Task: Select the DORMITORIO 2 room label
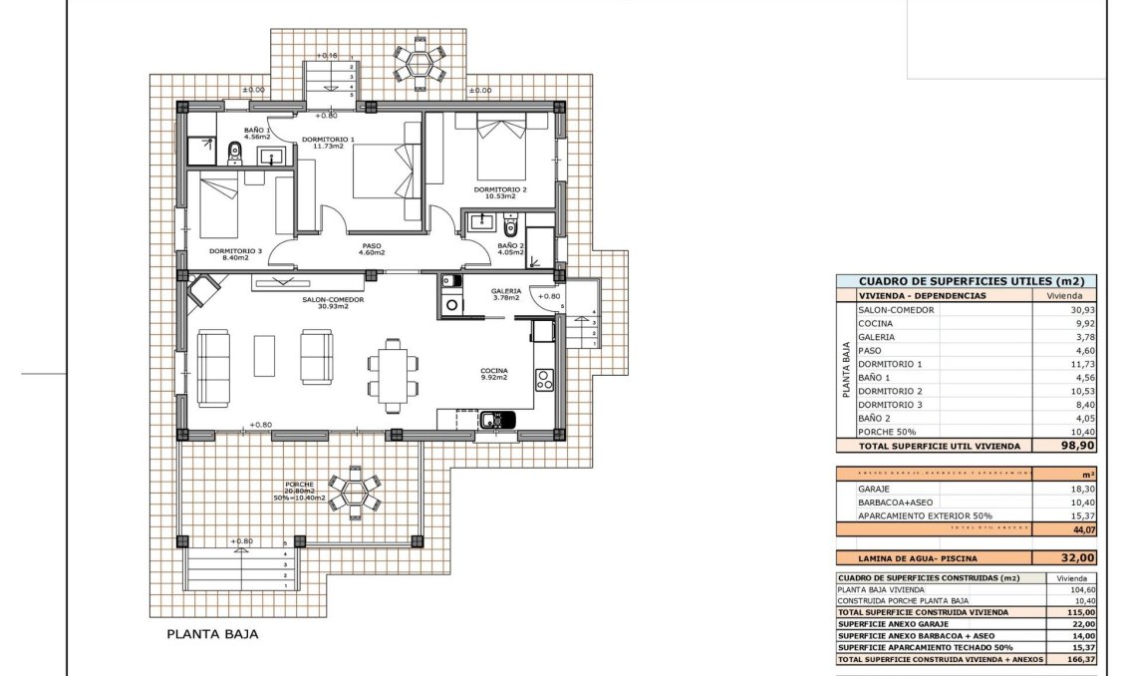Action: [x=500, y=191]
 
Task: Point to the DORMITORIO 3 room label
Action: [x=235, y=254]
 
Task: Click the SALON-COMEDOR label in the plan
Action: [x=333, y=300]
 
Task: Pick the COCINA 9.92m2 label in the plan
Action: [x=493, y=375]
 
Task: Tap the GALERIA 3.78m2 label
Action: [x=506, y=294]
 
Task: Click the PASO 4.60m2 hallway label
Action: [x=372, y=248]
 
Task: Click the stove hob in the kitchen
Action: [x=545, y=378]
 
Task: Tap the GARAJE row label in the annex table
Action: [x=875, y=490]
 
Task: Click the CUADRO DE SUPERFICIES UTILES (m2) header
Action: [x=964, y=282]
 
